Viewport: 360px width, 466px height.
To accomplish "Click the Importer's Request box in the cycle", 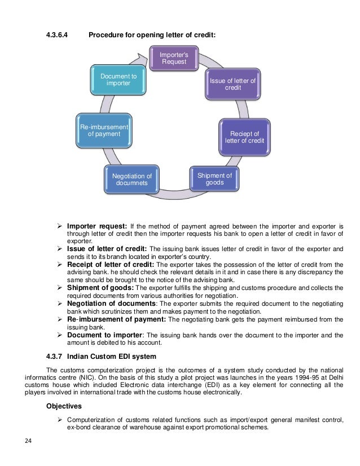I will tap(174, 58).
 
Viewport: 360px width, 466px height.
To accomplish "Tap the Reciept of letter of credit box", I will tap(244, 137).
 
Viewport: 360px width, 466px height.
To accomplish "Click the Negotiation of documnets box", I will tap(131, 180).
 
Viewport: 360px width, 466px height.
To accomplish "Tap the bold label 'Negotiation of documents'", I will tap(111, 304).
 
